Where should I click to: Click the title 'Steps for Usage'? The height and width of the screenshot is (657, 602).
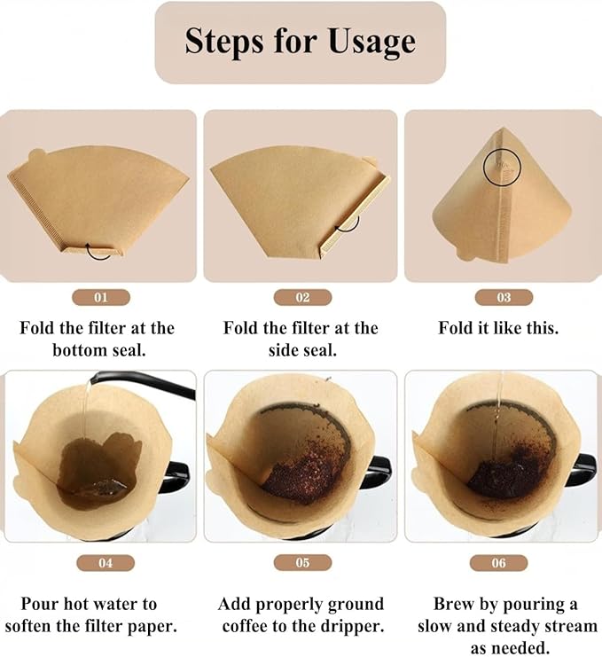tap(300, 42)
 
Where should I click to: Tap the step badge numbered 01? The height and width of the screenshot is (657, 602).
tap(99, 298)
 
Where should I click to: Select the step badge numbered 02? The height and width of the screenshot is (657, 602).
tap(300, 298)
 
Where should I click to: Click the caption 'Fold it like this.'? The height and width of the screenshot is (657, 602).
tap(498, 328)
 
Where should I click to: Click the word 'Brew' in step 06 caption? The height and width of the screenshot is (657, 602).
tap(455, 605)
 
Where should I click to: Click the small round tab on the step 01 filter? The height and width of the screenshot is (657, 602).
tap(36, 156)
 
